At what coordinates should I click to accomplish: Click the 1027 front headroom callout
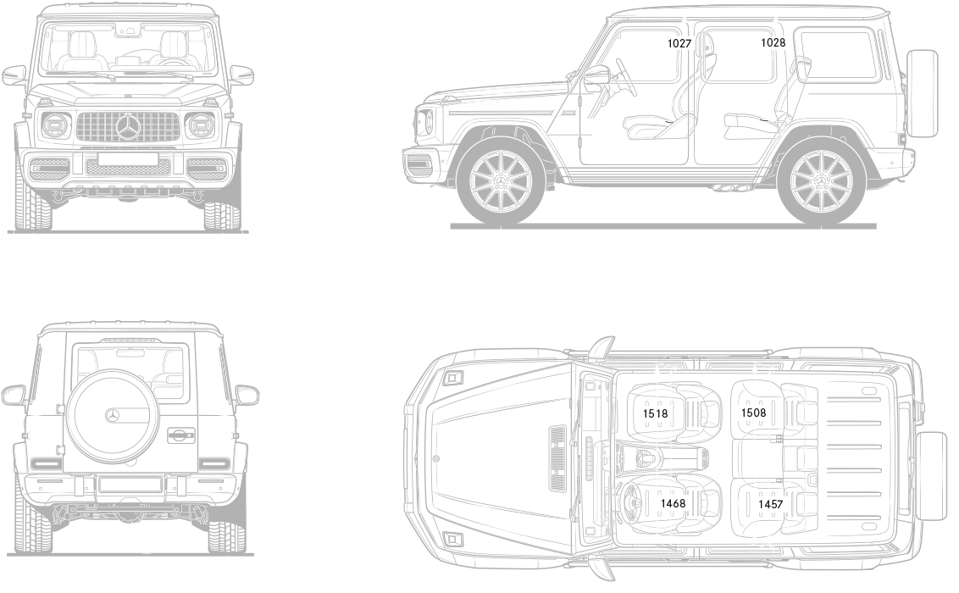(679, 43)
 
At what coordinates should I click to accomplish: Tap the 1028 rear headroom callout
(773, 43)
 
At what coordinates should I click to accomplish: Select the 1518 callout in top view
(655, 413)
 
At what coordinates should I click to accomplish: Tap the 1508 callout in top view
(753, 413)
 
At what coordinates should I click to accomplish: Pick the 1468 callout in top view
(673, 503)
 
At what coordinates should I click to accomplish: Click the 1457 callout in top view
(771, 503)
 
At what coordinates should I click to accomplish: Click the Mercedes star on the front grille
(129, 128)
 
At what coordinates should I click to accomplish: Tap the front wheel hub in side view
(500, 182)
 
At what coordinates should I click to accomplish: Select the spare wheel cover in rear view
(113, 415)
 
